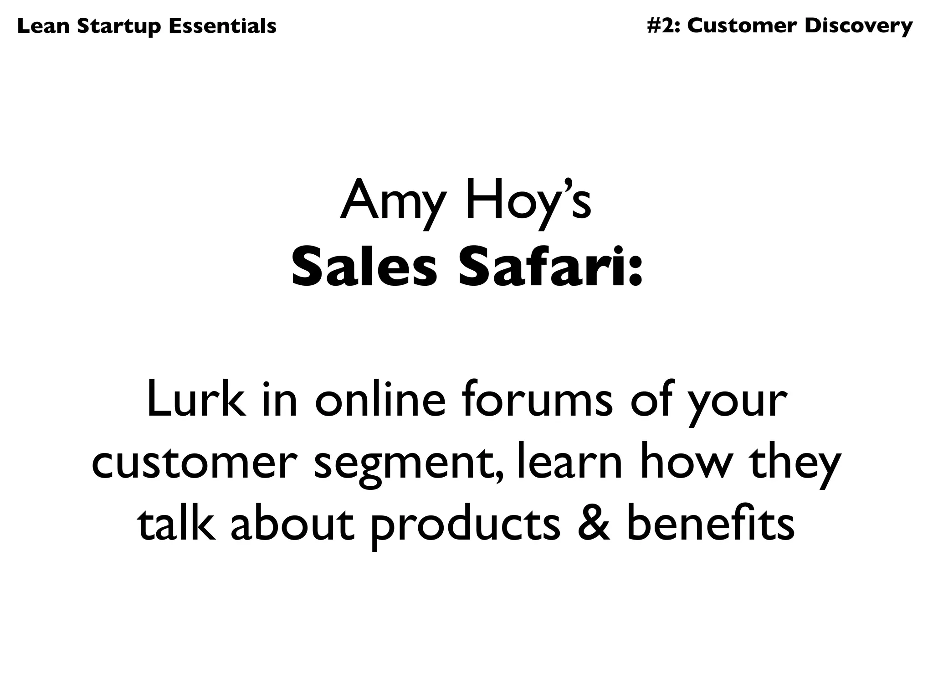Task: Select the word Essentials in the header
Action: point(222,26)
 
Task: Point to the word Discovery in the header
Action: point(858,27)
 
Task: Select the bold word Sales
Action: point(364,269)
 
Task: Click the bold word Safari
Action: point(539,269)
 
